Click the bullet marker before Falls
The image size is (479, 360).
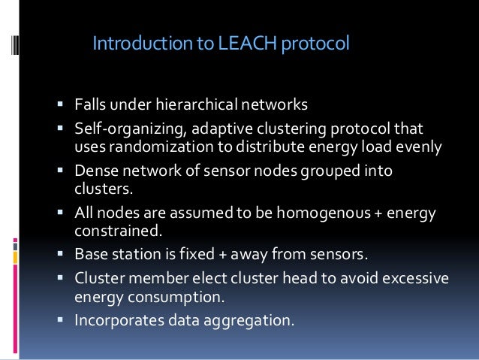[63, 104]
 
